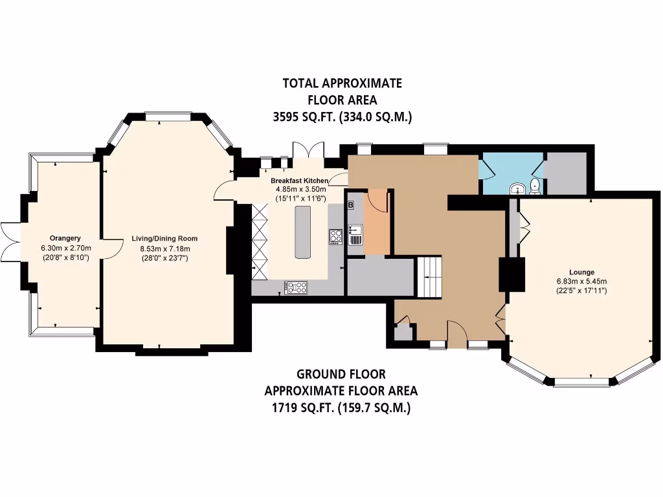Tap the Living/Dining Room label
164,239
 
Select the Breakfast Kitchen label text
299,181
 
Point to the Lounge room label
581,272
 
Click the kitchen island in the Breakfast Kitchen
302,232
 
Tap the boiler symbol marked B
351,206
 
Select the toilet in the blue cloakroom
535,187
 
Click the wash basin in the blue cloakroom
517,189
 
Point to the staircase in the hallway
428,276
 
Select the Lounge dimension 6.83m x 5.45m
581,282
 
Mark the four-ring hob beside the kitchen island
336,237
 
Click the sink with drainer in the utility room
355,234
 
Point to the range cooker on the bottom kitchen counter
297,286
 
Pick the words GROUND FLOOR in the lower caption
341,374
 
